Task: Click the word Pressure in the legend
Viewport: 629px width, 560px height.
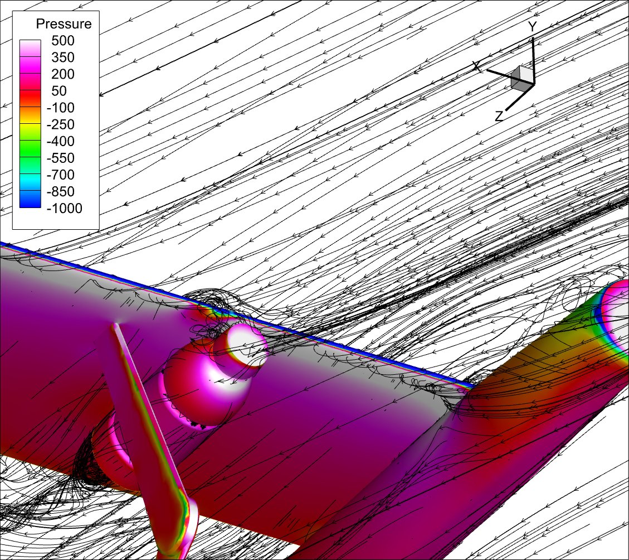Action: tap(64, 24)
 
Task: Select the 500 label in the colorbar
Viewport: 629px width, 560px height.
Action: tap(63, 41)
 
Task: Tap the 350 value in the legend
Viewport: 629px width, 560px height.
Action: tap(63, 57)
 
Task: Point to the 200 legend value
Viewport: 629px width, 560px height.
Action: tap(63, 74)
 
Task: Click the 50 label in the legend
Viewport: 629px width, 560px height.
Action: tap(59, 91)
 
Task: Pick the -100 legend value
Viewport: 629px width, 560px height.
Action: tap(61, 108)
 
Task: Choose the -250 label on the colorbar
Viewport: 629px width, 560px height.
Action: tap(61, 124)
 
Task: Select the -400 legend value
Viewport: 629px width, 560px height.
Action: tap(61, 142)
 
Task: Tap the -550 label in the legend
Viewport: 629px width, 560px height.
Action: tap(61, 158)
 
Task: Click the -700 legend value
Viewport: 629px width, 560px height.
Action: tap(61, 175)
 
